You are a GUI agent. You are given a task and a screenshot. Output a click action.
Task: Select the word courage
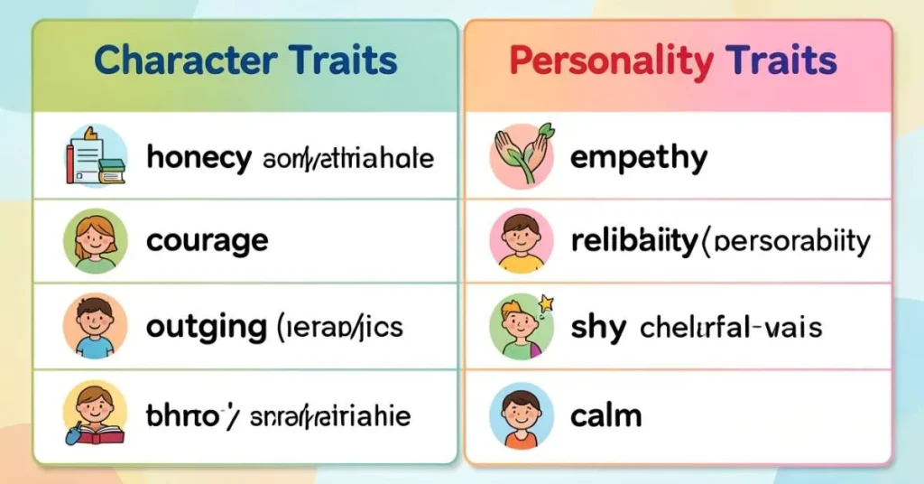pos(207,241)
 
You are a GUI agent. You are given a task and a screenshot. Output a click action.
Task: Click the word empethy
pos(639,158)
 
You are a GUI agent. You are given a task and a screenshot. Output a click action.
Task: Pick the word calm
pos(606,415)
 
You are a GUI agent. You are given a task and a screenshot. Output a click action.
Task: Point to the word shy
pos(598,327)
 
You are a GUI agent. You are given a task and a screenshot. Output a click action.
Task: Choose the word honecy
pos(199,158)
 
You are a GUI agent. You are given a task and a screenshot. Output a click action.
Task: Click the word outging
pos(205,327)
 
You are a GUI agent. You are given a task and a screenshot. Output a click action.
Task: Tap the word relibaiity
pos(634,241)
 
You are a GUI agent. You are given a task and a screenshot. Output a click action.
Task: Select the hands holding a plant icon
pos(521,155)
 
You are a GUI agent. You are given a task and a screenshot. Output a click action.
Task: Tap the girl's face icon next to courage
pos(95,241)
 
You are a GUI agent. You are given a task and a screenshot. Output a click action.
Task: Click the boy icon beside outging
pos(95,327)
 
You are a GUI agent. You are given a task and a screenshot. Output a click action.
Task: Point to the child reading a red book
pos(95,414)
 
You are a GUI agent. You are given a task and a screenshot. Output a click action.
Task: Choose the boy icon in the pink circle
pos(521,241)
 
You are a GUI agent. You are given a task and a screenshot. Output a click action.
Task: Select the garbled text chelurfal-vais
pos(731,327)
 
